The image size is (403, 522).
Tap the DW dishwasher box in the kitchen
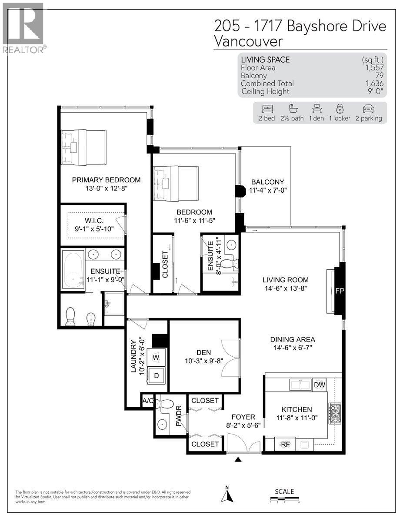[320, 385]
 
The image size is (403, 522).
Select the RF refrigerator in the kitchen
[285, 444]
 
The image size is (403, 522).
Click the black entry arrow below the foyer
[238, 459]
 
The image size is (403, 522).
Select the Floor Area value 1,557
[374, 68]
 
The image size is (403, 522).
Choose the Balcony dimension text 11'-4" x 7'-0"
[268, 190]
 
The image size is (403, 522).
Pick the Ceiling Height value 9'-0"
[374, 91]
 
